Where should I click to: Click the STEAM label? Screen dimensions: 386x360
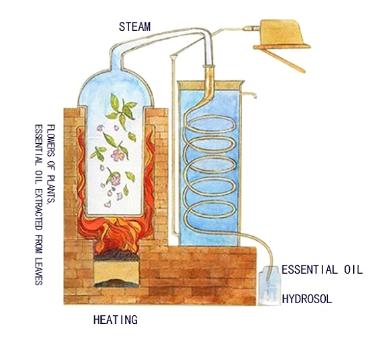134,27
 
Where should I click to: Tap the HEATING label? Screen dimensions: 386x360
115,320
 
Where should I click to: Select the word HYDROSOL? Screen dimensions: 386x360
307,299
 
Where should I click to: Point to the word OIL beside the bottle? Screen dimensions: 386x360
353,270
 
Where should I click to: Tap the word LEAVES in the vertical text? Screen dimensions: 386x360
39,272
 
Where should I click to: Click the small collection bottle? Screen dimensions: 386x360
270,286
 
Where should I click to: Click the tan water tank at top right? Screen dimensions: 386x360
282,31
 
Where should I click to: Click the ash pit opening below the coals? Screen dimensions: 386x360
116,274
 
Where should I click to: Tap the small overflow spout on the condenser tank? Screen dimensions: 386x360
250,94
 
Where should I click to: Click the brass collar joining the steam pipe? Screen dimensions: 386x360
209,66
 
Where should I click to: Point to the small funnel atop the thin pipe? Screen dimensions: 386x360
173,57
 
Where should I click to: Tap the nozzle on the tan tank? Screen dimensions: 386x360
251,29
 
